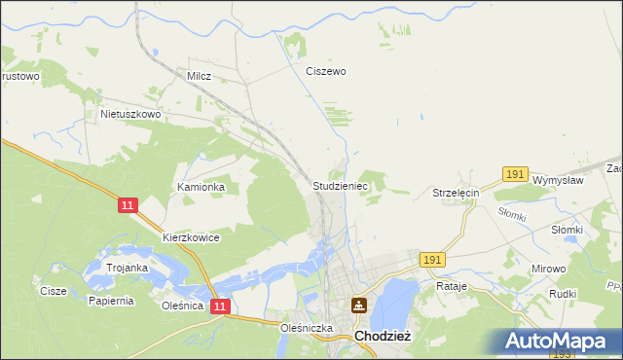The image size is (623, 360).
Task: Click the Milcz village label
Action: click(x=199, y=75)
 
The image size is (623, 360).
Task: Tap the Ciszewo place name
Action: click(x=326, y=71)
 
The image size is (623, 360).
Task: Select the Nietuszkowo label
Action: click(x=130, y=114)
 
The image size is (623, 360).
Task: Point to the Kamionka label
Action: click(x=201, y=186)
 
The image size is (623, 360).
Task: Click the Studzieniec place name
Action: click(x=339, y=184)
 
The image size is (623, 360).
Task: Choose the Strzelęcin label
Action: click(x=457, y=194)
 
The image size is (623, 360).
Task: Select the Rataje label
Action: click(x=453, y=288)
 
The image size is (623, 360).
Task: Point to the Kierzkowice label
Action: click(x=191, y=237)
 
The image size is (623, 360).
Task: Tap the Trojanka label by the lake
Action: click(x=128, y=268)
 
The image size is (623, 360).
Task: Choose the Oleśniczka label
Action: click(x=307, y=328)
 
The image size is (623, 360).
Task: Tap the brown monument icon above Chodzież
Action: click(x=359, y=306)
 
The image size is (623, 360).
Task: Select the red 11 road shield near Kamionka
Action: click(x=129, y=206)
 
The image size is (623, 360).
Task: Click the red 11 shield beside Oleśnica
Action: click(x=221, y=306)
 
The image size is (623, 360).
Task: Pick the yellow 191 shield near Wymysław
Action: click(x=515, y=174)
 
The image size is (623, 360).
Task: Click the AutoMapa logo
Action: click(x=560, y=342)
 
